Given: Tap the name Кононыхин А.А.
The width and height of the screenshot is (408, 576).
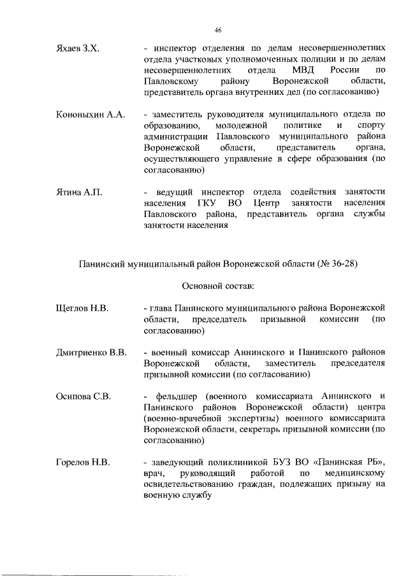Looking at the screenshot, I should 88,115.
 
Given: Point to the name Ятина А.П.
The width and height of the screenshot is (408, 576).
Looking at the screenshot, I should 79,192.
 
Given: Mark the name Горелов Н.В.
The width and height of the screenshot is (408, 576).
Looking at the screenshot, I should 84,462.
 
